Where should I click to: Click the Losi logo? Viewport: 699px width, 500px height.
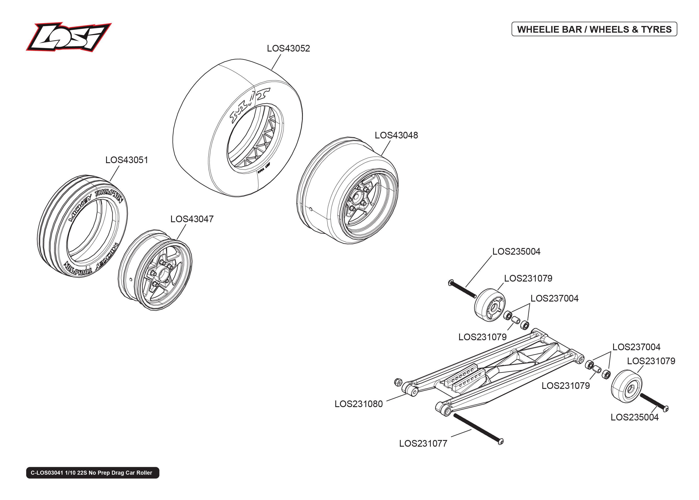tap(68, 37)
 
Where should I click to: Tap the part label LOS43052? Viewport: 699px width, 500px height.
tap(288, 48)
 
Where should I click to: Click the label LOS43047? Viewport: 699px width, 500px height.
tap(192, 219)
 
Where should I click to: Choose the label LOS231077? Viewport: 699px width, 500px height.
tap(423, 443)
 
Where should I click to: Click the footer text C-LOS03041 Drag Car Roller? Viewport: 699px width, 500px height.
tap(92, 473)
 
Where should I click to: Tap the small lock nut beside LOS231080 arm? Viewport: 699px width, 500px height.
tap(398, 382)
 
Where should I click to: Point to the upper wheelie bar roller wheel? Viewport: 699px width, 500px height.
tap(489, 305)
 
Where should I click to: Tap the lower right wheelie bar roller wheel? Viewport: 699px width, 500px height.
tap(626, 386)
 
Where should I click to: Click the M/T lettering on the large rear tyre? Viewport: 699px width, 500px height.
tap(250, 105)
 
